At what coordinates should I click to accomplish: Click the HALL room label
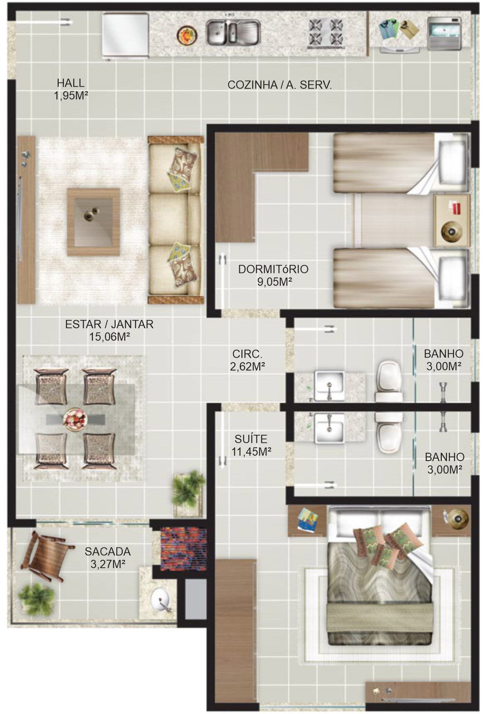pyautogui.click(x=71, y=83)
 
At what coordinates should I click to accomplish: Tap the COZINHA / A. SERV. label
pyautogui.click(x=280, y=85)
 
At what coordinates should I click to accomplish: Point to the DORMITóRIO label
pyautogui.click(x=273, y=269)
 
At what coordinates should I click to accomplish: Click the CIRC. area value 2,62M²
pyautogui.click(x=248, y=367)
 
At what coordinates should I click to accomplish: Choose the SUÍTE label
pyautogui.click(x=251, y=439)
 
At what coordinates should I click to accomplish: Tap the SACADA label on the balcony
pyautogui.click(x=107, y=552)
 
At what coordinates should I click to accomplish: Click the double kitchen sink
pyautogui.click(x=233, y=33)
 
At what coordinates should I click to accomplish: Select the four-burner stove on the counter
pyautogui.click(x=326, y=33)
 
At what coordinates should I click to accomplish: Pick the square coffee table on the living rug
pyautogui.click(x=93, y=222)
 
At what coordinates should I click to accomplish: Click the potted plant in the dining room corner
pyautogui.click(x=189, y=493)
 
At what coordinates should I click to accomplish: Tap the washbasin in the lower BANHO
pyautogui.click(x=329, y=428)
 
